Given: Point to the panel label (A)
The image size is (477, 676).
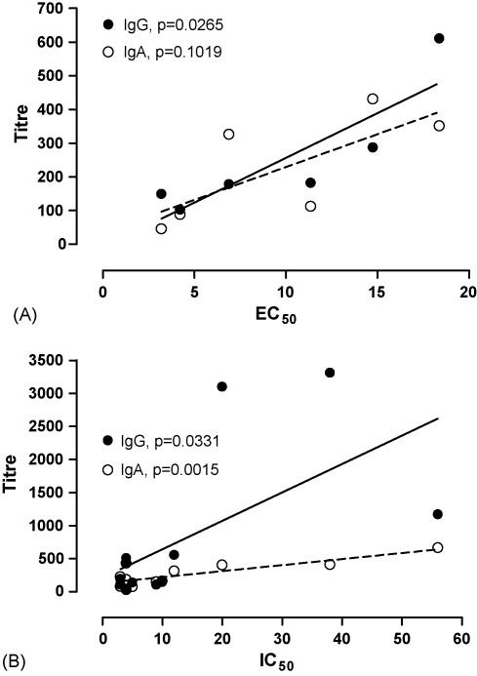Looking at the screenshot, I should (x=20, y=316).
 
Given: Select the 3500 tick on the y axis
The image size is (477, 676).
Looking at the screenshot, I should (x=60, y=360).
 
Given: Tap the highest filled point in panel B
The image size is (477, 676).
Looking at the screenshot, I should (x=330, y=373).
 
